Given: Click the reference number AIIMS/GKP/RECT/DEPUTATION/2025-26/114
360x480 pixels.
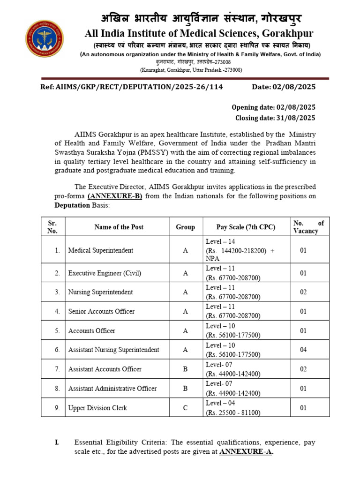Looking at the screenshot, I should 132,87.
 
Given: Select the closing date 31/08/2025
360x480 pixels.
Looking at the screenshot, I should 275,118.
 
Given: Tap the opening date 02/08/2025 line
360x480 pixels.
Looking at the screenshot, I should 274,107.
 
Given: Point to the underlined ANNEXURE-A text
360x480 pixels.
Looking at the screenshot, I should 247,451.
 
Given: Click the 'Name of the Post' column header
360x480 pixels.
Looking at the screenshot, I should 119,227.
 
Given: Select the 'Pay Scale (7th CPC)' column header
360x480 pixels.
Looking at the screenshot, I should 246,227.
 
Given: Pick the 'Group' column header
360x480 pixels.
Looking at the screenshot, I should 185,227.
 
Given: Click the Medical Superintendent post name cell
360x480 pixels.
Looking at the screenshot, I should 100,250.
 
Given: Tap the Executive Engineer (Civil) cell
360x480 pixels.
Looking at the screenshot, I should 105,273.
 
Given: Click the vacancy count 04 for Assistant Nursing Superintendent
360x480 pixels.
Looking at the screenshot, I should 303,350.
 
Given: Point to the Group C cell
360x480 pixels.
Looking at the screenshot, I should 185,408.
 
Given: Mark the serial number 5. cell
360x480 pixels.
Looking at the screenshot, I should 57,331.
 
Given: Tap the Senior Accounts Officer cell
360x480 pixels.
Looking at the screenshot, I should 101,311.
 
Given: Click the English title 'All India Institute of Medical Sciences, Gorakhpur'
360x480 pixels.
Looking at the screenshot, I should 199,33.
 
